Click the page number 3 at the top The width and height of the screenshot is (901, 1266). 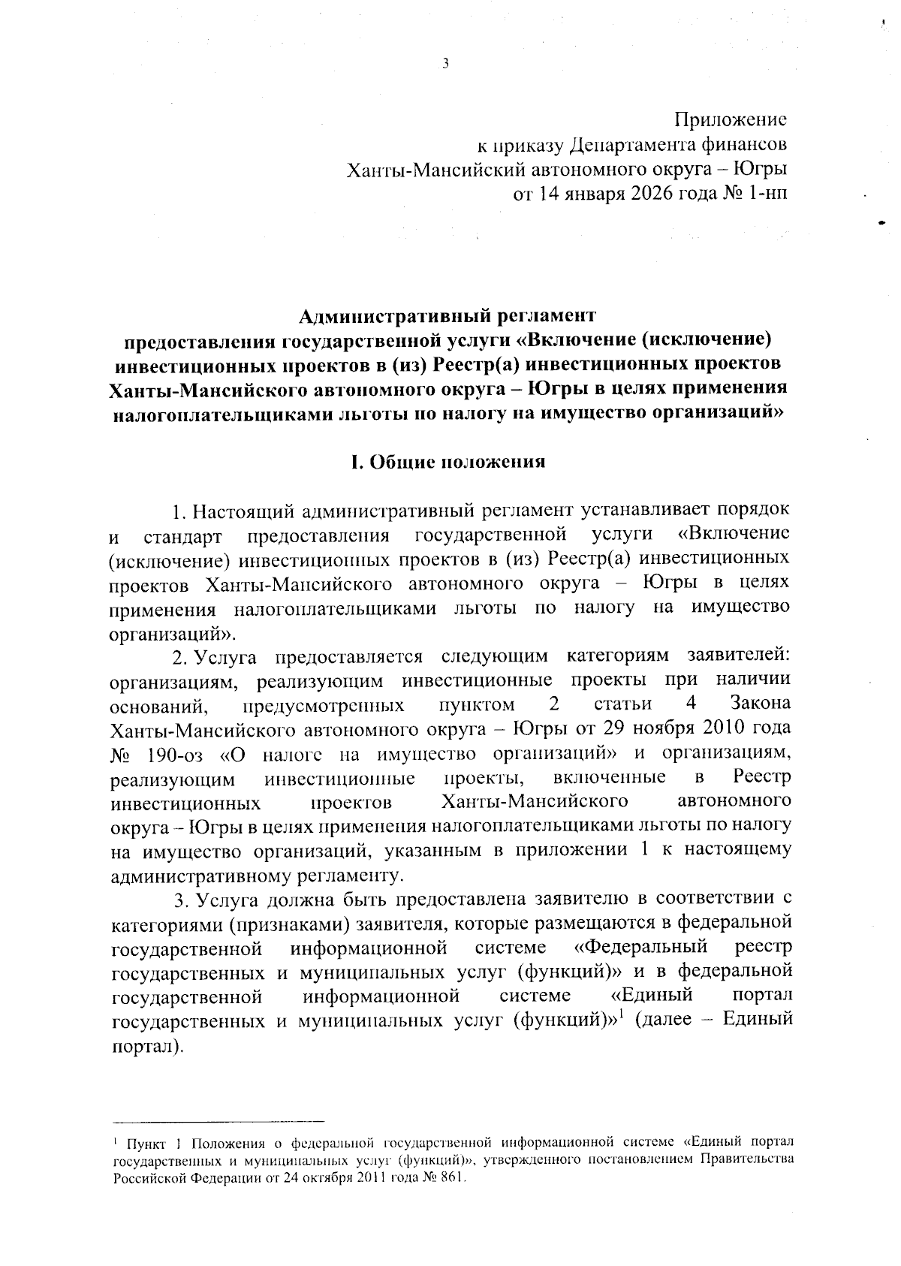tap(445, 65)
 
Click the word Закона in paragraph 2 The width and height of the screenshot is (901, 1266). tap(760, 704)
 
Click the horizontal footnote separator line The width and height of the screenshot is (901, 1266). tap(217, 1121)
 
